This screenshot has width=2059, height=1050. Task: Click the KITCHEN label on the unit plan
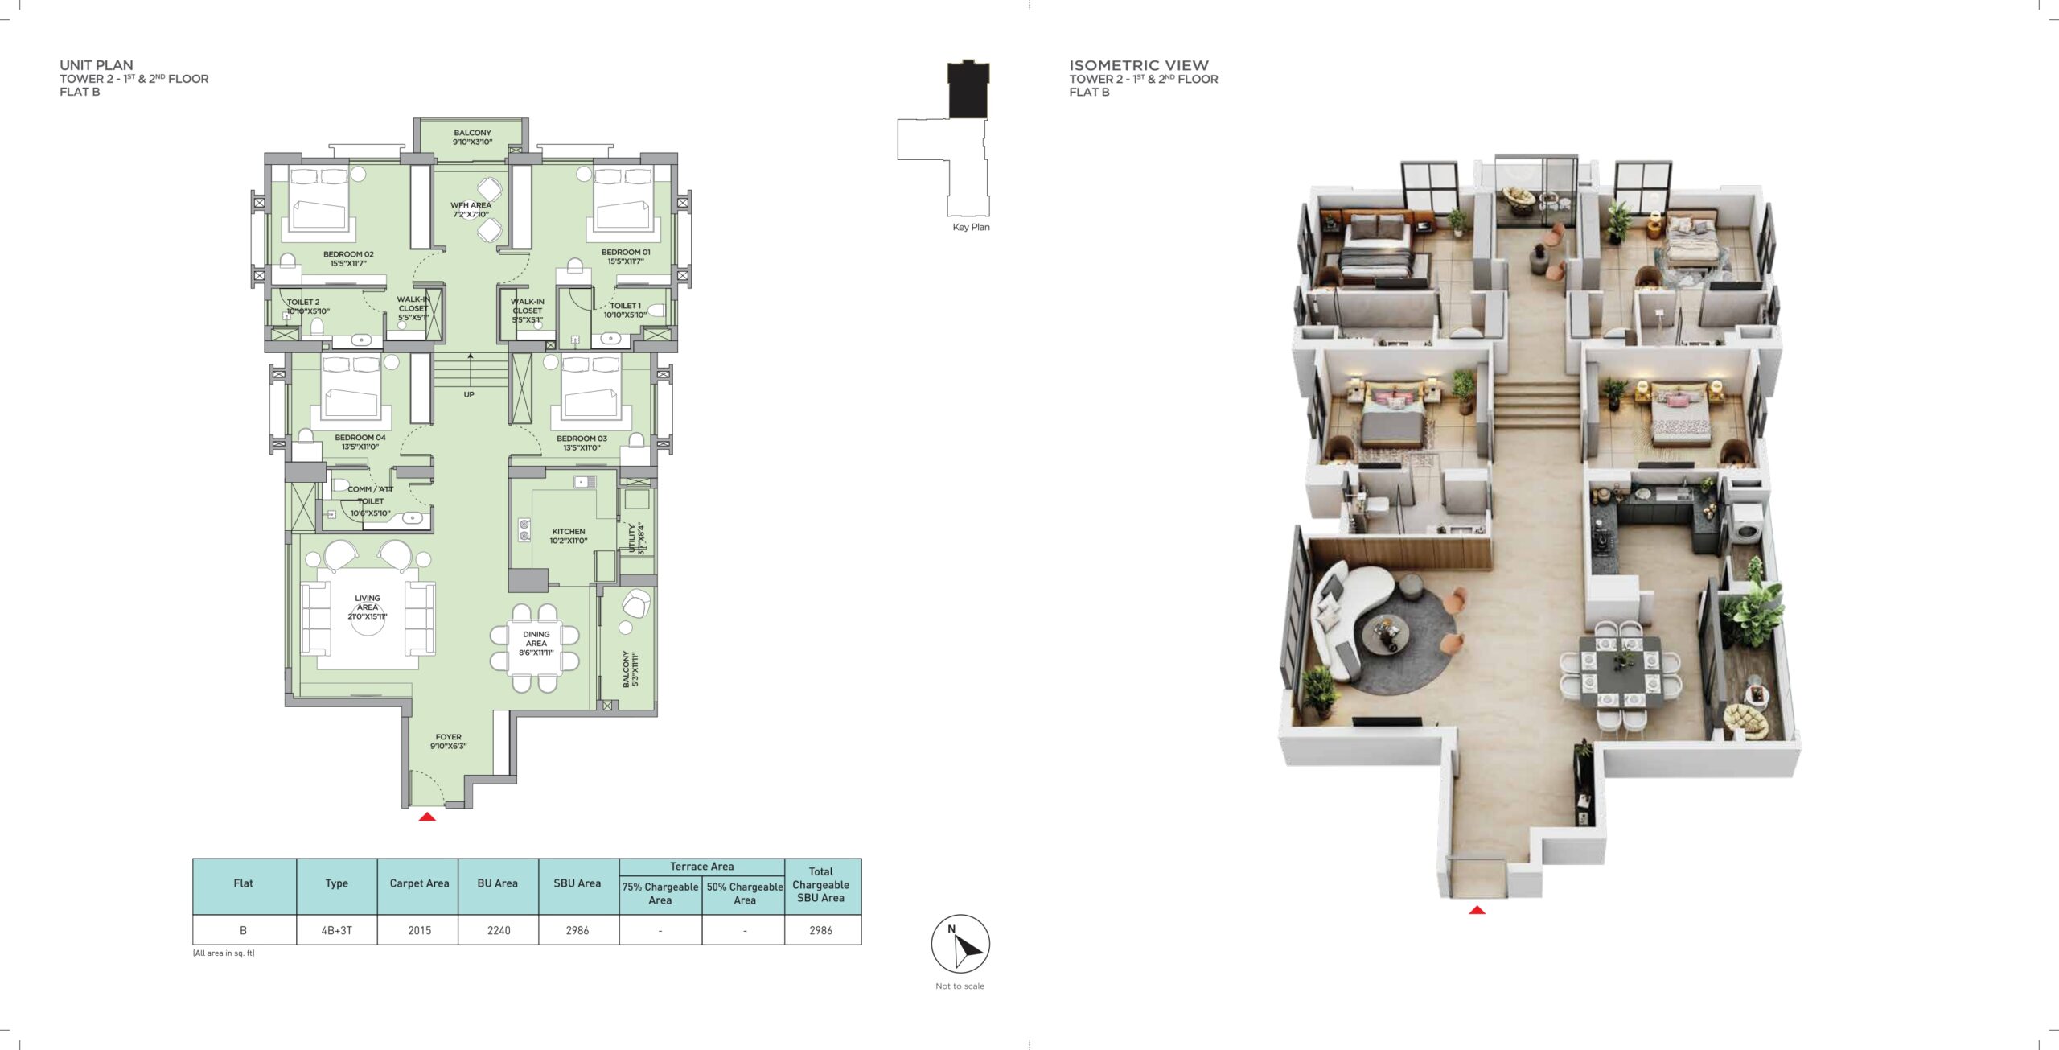pyautogui.click(x=569, y=532)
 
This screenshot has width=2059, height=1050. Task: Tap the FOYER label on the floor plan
pyautogui.click(x=449, y=737)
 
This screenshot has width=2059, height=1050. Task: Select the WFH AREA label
pyautogui.click(x=471, y=205)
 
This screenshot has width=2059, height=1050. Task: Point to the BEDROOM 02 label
pyautogui.click(x=348, y=254)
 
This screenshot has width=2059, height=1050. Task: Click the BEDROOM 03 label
pyautogui.click(x=582, y=439)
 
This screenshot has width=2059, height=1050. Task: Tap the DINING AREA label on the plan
pyautogui.click(x=536, y=639)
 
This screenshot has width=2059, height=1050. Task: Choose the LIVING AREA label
pyautogui.click(x=368, y=603)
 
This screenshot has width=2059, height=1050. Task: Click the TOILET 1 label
pyautogui.click(x=625, y=306)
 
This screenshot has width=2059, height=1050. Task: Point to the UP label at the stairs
pyautogui.click(x=469, y=394)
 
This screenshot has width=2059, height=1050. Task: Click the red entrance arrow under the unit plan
pyautogui.click(x=427, y=817)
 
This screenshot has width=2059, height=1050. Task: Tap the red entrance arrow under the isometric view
pyautogui.click(x=1477, y=910)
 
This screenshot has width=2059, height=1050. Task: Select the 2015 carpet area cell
pyautogui.click(x=419, y=930)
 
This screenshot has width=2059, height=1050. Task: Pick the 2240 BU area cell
pyautogui.click(x=499, y=930)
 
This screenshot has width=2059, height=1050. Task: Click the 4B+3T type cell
pyautogui.click(x=337, y=930)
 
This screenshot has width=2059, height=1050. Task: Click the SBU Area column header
pyautogui.click(x=577, y=883)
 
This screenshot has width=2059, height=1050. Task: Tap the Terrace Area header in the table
pyautogui.click(x=702, y=867)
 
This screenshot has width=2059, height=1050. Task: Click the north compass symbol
pyautogui.click(x=960, y=944)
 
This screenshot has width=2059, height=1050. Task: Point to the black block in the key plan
pyautogui.click(x=968, y=89)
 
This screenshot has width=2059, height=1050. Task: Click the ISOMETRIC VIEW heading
pyautogui.click(x=1139, y=65)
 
